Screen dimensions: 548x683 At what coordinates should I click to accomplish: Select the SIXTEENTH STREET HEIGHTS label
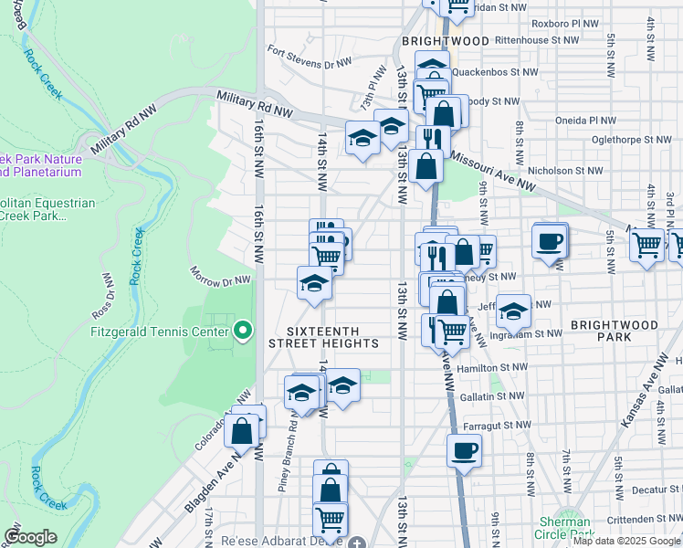pyautogui.click(x=323, y=337)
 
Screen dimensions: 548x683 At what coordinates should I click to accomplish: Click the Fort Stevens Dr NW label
pyautogui.click(x=310, y=58)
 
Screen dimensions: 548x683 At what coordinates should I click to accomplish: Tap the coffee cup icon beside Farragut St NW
pyautogui.click(x=464, y=450)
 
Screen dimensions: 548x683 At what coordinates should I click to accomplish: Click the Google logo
pyautogui.click(x=30, y=537)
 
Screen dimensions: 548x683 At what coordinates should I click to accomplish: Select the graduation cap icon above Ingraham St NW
pyautogui.click(x=514, y=312)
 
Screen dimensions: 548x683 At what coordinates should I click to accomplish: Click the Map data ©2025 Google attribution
pyautogui.click(x=626, y=541)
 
